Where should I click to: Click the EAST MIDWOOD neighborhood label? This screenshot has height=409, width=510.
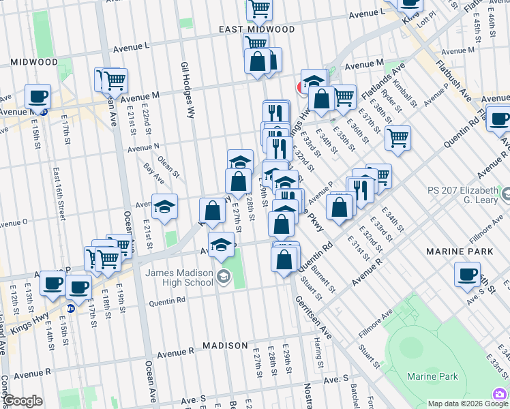[257, 29]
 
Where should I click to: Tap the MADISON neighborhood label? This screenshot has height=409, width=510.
[225, 346]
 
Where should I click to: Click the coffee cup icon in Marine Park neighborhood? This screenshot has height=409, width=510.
[467, 274]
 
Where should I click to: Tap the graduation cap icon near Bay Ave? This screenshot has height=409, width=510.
[164, 207]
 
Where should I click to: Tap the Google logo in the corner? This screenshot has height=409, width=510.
[22, 401]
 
